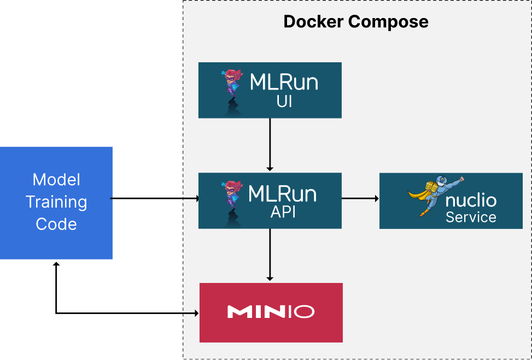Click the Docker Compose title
[355, 22]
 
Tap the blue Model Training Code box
[56, 202]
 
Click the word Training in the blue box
[56, 202]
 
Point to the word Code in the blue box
[56, 224]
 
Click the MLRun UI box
[270, 90]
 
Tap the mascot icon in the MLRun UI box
[231, 90]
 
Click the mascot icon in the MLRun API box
[231, 201]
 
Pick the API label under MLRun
[283, 212]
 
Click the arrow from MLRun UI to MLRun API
[270, 145]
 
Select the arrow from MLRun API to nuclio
[360, 199]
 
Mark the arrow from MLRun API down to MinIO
[270, 255]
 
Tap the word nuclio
[471, 200]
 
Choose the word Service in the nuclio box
[471, 217]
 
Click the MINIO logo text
[271, 312]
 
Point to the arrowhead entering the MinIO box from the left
[195, 313]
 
